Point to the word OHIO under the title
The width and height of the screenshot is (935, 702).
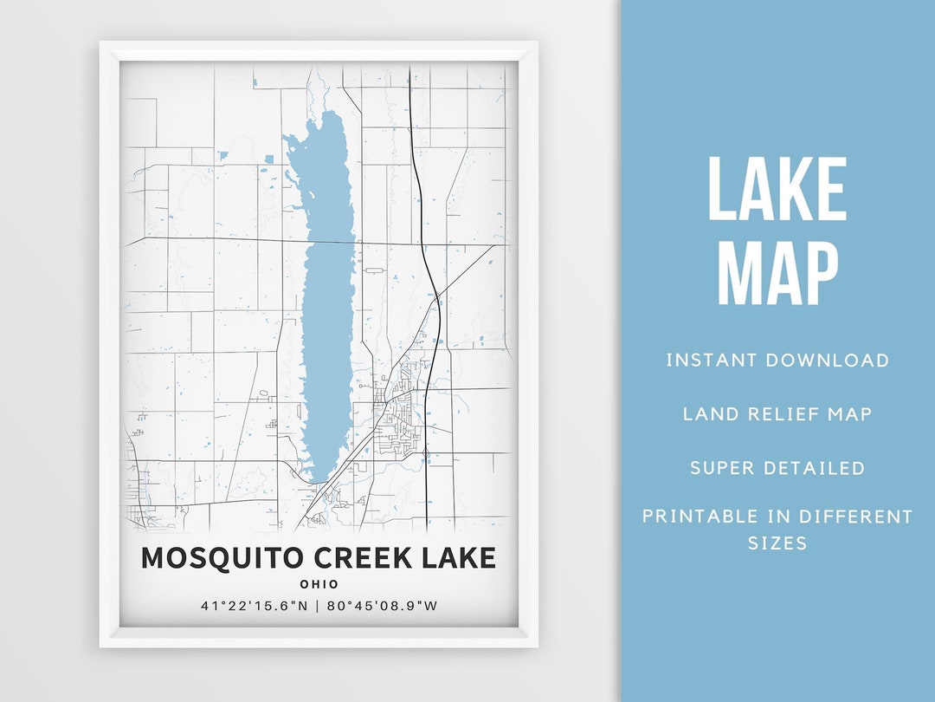pyautogui.click(x=319, y=584)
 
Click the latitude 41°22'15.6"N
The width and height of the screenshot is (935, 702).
pyautogui.click(x=255, y=606)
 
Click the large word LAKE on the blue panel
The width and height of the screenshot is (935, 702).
pyautogui.click(x=777, y=191)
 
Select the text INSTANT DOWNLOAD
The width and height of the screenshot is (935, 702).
pyautogui.click(x=777, y=361)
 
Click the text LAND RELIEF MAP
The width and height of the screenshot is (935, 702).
pyautogui.click(x=777, y=414)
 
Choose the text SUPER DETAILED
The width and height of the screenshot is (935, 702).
pyautogui.click(x=777, y=468)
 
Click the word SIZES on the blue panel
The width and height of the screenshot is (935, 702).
pyautogui.click(x=777, y=543)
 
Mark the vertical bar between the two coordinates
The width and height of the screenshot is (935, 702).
pyautogui.click(x=319, y=606)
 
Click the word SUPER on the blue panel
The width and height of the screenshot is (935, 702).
pyautogui.click(x=721, y=468)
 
